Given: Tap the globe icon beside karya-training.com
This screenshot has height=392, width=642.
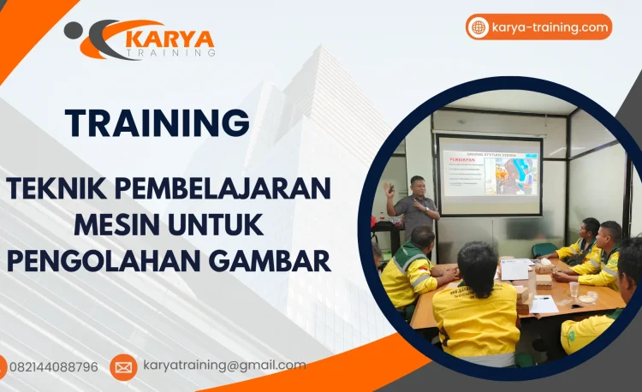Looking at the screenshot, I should pyautogui.click(x=479, y=27).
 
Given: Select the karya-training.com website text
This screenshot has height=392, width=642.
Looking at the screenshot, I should pyautogui.click(x=550, y=27).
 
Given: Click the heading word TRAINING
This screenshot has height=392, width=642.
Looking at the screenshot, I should pyautogui.click(x=158, y=122).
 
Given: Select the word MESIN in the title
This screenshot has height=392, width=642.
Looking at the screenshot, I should pyautogui.click(x=118, y=223).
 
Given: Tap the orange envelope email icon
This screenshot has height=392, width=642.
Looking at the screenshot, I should pyautogui.click(x=123, y=367).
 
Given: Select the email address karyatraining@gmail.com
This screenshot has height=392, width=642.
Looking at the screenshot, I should pyautogui.click(x=224, y=365).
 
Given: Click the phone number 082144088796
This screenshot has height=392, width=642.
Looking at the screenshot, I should pyautogui.click(x=53, y=367).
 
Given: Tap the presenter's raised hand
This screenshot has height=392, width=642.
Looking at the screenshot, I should pyautogui.click(x=389, y=187).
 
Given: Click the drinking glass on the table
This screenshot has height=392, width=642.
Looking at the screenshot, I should pyautogui.click(x=574, y=288).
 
